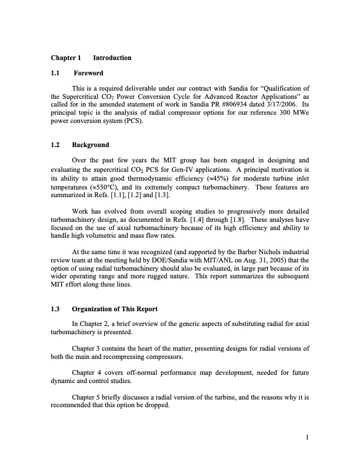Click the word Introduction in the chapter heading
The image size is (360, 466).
tap(112, 58)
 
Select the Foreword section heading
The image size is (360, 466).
tap(88, 73)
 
